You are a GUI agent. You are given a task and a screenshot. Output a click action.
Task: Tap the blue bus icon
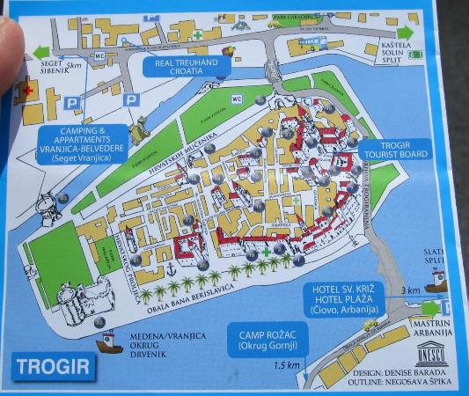point(313,41)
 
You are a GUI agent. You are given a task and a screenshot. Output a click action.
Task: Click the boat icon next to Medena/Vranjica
point(110,341)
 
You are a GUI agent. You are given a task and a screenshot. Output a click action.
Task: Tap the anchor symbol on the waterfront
point(165,267)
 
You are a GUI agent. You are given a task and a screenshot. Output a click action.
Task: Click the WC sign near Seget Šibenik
point(98,56)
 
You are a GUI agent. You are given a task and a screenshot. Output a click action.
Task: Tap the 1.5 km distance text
point(282,366)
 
